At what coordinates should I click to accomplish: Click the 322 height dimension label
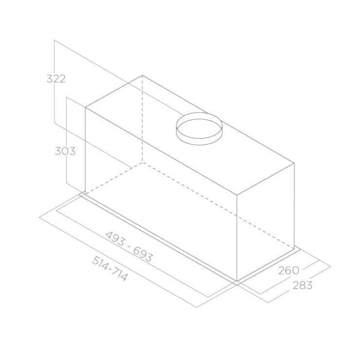point(56,79)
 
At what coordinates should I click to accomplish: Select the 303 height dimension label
point(65,151)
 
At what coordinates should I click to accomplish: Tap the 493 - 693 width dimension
point(129,247)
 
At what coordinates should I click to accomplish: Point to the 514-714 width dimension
point(110,268)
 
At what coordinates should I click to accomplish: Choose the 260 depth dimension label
point(289,270)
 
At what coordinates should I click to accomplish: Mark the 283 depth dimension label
point(302,285)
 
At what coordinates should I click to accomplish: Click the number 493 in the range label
point(115,238)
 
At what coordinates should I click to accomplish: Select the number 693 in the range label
point(142,255)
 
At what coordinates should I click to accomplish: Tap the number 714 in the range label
point(119,275)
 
